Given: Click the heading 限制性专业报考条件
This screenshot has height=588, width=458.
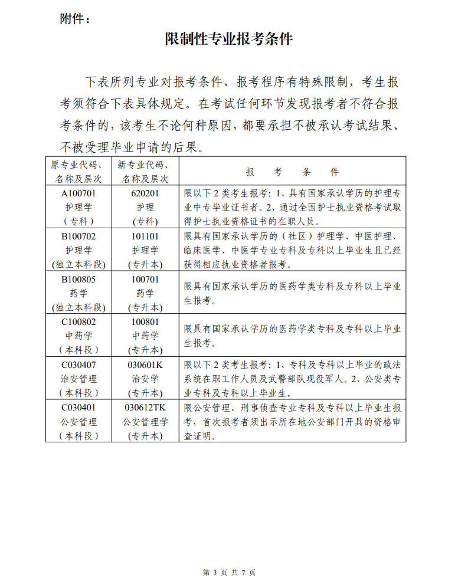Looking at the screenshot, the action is pos(229,40).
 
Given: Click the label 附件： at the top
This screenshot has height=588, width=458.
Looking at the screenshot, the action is pos(76,19).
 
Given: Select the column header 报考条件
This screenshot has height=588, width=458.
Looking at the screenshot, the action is pos(292,172).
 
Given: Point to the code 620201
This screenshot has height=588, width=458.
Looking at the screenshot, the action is pos(145,193).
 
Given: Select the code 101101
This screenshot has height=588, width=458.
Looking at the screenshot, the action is pos(145,236).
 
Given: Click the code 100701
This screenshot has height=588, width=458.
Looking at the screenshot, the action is pos(145,279).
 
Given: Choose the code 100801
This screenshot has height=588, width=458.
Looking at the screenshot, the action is pos(145,322).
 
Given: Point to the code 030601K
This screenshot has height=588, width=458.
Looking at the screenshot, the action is pos(145,364).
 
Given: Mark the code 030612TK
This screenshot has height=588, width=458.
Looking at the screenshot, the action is pos(145,408).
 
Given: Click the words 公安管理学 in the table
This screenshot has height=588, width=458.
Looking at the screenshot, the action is pos(145,422).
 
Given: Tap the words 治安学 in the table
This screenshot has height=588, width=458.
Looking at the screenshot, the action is pos(145,379).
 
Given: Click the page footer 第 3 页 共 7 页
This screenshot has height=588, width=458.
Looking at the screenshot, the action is pos(229,572).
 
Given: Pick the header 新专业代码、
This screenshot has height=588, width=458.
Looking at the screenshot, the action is pos(145,165).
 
